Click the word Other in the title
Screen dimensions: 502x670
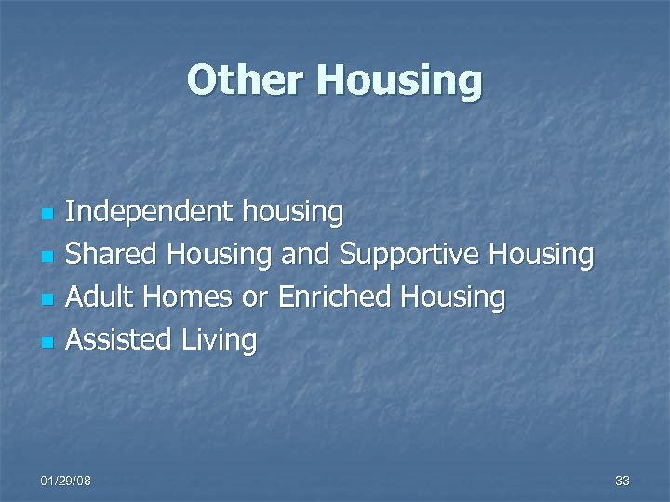[246, 80]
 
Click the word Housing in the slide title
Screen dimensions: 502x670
[399, 82]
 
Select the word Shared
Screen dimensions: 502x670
[111, 255]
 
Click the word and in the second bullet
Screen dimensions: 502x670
[305, 255]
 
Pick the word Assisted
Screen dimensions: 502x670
[119, 340]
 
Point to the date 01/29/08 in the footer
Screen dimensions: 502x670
[65, 481]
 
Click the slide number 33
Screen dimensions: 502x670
[623, 481]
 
